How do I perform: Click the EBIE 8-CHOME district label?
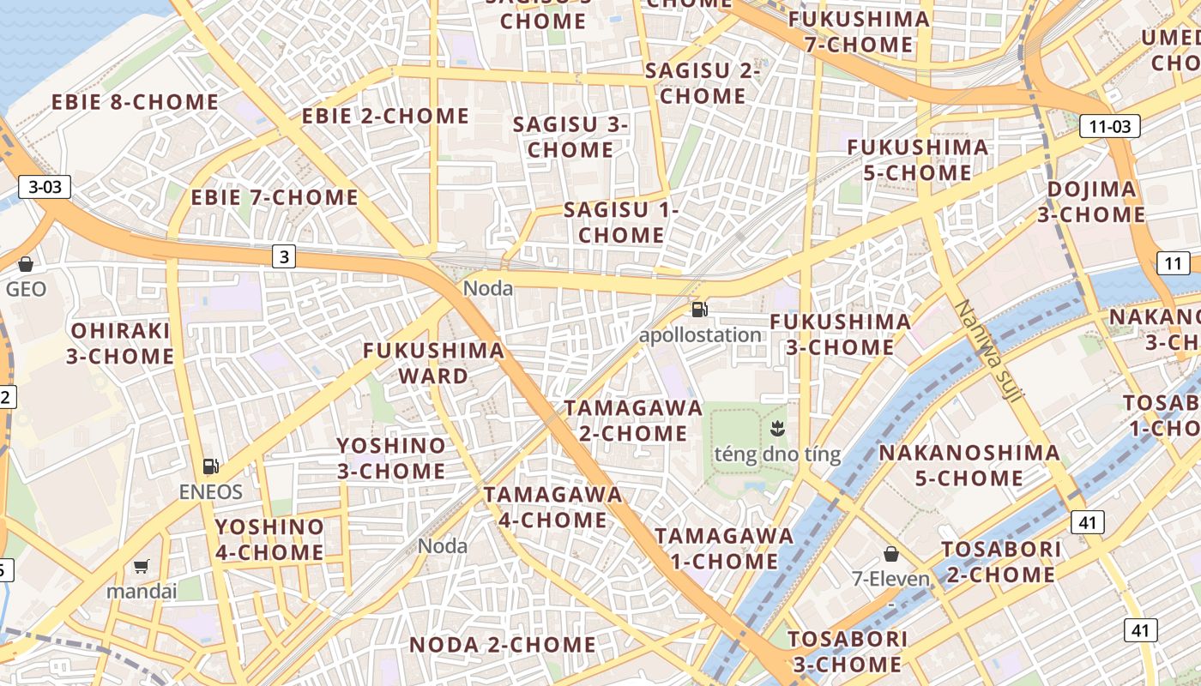[x=135, y=102]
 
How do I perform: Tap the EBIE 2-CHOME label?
[x=385, y=116]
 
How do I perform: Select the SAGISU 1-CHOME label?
[x=621, y=222]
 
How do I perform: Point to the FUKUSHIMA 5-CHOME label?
[x=917, y=159]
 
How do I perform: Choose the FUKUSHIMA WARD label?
[x=433, y=363]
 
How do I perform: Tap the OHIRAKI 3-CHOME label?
[x=121, y=343]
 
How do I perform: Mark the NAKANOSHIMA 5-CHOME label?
[x=969, y=465]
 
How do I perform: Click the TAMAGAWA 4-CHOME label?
[x=552, y=507]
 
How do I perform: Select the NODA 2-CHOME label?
[x=502, y=645]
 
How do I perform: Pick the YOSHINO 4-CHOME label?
[x=269, y=539]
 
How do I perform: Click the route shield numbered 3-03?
[x=45, y=187]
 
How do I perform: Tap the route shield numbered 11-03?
[x=1109, y=127]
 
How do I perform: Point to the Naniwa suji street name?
[x=989, y=351]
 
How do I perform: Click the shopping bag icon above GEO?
[x=26, y=264]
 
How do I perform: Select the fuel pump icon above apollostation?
[x=700, y=310]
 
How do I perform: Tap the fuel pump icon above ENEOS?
[x=210, y=466]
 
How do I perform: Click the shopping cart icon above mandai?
[x=142, y=566]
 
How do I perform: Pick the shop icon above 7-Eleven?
[x=891, y=554]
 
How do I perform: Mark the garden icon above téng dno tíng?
[x=777, y=428]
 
